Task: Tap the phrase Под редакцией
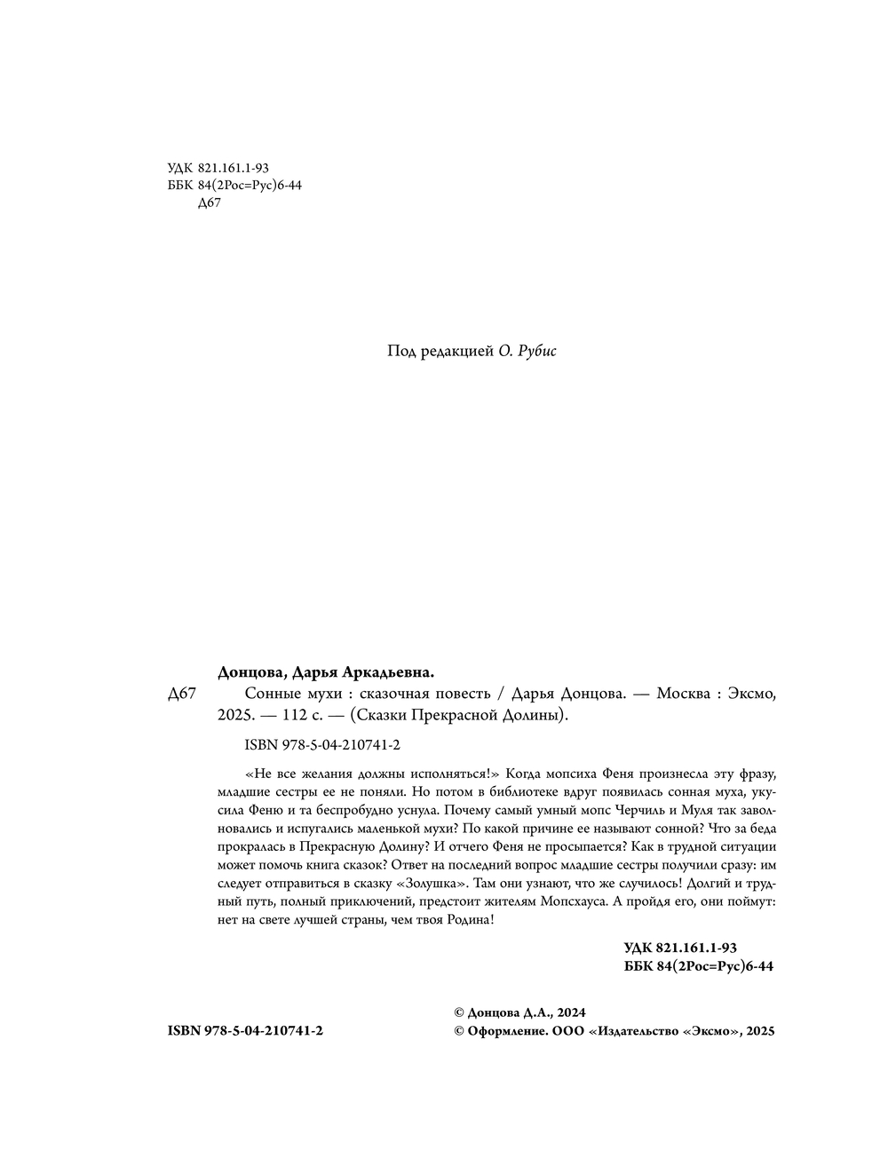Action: (x=439, y=352)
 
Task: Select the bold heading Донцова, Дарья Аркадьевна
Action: (x=326, y=672)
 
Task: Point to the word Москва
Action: (x=684, y=694)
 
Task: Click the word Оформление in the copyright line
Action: (x=507, y=1031)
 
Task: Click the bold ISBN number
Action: (x=244, y=1031)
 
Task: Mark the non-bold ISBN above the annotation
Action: (x=321, y=746)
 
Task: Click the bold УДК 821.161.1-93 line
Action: (x=680, y=948)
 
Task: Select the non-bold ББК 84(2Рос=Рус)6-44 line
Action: (x=234, y=185)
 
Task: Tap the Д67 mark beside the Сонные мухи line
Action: (x=181, y=695)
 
